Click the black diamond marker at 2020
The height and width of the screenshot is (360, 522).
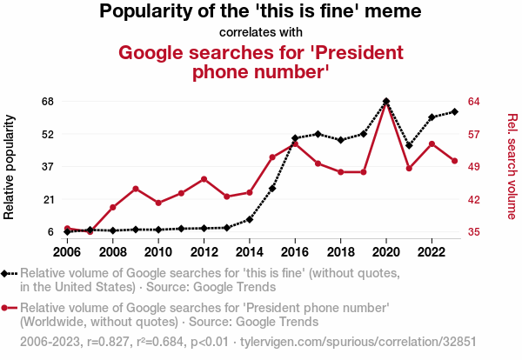click(386, 102)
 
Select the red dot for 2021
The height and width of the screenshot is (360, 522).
click(409, 168)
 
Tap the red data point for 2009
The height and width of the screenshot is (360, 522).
click(136, 189)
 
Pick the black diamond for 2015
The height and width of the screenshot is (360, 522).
click(272, 189)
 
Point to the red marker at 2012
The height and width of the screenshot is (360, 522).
click(204, 179)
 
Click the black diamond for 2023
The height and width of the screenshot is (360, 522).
click(455, 111)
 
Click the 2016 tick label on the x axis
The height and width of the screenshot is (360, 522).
click(295, 252)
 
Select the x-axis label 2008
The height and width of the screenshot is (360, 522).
click(113, 252)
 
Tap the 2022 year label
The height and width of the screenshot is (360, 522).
click(432, 252)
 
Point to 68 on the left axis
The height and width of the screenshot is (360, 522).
click(47, 102)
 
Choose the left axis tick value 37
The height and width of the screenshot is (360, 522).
click(47, 167)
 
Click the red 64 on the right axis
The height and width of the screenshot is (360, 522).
click(474, 102)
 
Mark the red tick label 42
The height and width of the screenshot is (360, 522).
click(474, 199)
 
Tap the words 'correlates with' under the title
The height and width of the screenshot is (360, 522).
click(260, 33)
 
